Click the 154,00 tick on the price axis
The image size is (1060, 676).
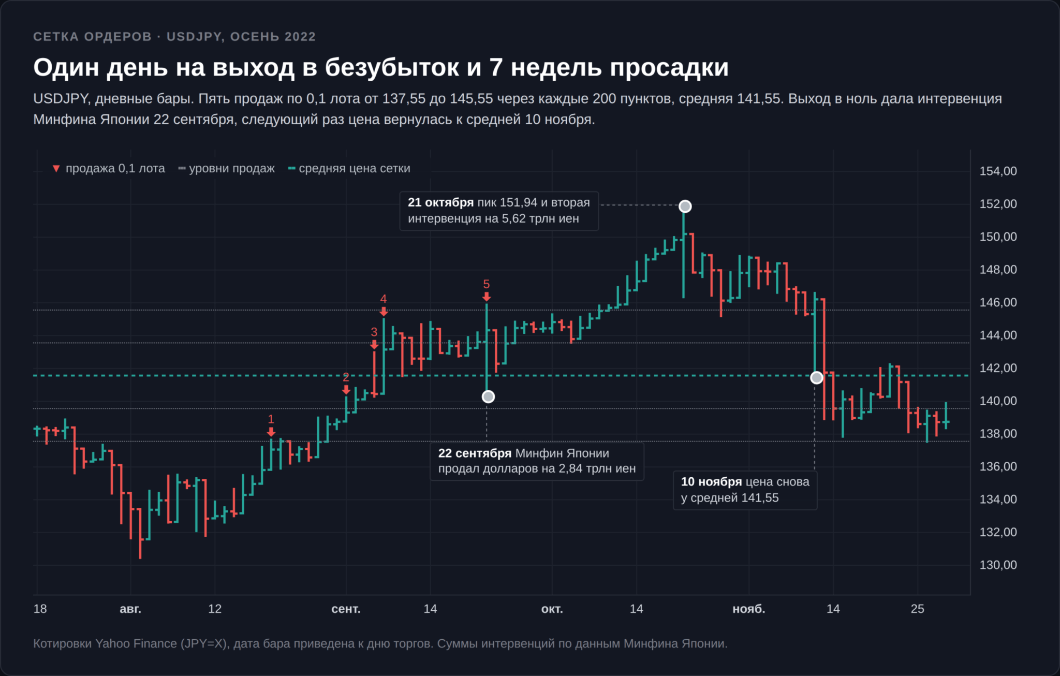(x=998, y=171)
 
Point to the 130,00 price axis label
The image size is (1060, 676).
(x=998, y=565)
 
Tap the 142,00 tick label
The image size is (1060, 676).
(x=998, y=368)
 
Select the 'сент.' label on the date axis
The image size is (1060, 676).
(x=346, y=609)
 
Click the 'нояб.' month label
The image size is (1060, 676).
(x=748, y=609)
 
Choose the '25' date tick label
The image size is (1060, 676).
(x=917, y=609)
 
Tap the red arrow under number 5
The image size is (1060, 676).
(x=487, y=297)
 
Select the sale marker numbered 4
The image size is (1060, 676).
(x=384, y=311)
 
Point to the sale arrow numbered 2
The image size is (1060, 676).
(x=346, y=390)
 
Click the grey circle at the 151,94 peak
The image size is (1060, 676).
(x=685, y=207)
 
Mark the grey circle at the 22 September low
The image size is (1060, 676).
(x=488, y=397)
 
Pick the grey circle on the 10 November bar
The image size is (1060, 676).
(x=816, y=378)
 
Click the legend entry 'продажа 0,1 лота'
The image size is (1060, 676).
(x=109, y=169)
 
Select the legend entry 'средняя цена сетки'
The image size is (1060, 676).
(x=349, y=169)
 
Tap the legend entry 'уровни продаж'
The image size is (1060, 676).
(x=226, y=169)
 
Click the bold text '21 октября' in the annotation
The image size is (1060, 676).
(x=440, y=203)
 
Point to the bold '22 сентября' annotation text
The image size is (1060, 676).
(x=475, y=453)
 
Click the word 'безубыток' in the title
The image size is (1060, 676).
(x=391, y=67)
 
